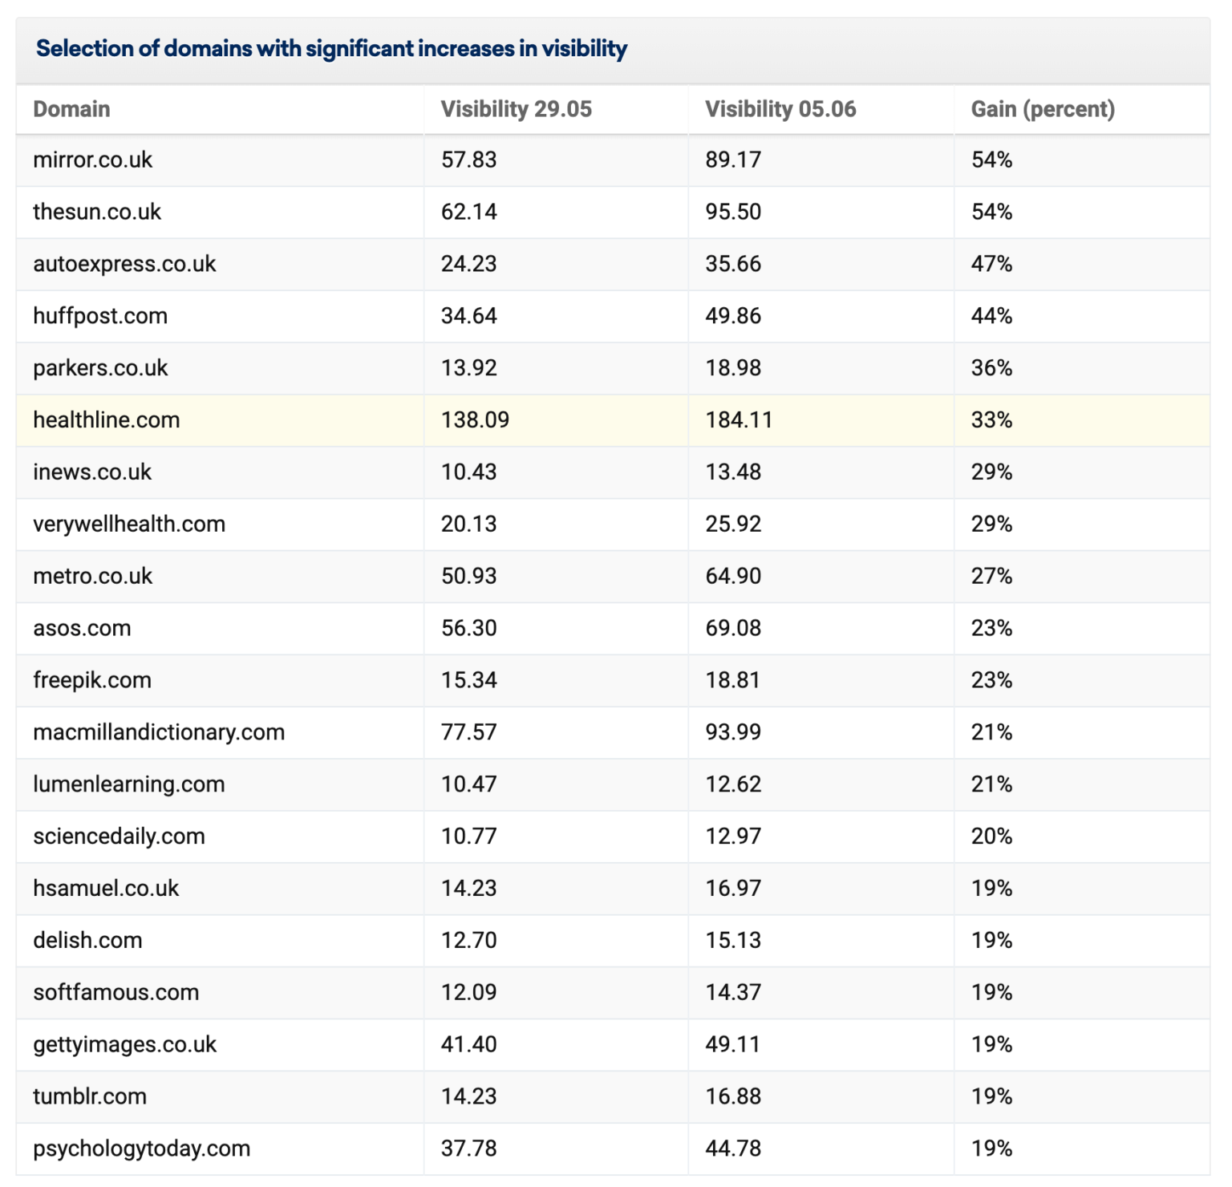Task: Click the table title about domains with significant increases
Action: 331,49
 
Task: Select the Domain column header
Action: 71,109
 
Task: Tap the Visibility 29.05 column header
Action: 516,109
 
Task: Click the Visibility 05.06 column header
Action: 780,109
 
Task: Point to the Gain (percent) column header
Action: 1042,109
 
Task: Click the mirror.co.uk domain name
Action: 92,160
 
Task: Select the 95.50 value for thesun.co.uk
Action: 732,212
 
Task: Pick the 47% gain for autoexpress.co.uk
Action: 991,264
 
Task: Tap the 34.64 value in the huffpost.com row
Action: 468,316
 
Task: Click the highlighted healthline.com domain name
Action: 106,420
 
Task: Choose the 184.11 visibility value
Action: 738,420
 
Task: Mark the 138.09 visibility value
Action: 475,420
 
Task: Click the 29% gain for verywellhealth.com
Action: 991,525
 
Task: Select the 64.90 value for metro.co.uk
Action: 732,577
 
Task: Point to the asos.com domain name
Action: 82,628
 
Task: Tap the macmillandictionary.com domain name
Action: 159,732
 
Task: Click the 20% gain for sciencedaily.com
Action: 991,837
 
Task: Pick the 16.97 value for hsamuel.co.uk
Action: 732,889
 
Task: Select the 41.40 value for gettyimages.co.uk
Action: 468,1044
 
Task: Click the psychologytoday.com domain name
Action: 141,1149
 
